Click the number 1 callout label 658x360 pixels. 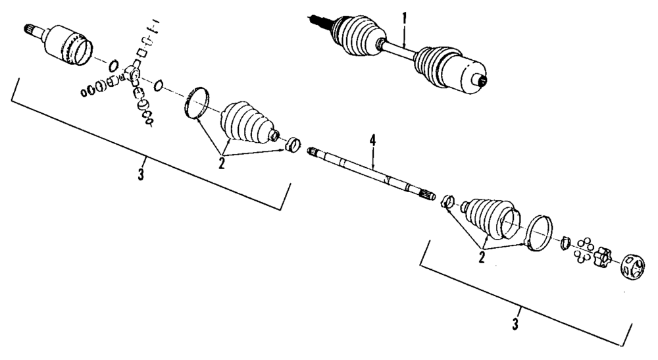point(405,16)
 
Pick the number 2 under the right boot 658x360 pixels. point(482,257)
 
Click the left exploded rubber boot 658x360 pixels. point(247,123)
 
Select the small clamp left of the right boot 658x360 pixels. point(447,201)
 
